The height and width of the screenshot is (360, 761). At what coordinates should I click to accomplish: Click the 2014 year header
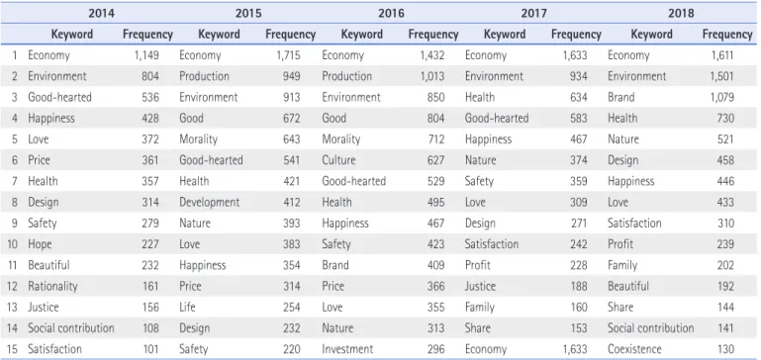click(x=102, y=13)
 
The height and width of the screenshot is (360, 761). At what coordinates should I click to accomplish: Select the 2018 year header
click(x=681, y=13)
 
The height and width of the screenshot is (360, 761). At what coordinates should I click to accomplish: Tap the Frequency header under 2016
click(x=433, y=35)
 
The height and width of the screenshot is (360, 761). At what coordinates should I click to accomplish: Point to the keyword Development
click(x=209, y=202)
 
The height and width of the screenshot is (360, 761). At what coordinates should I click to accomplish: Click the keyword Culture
click(x=338, y=160)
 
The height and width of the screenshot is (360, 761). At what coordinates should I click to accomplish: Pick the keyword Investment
click(x=347, y=349)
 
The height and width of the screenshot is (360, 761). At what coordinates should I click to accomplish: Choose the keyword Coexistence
click(x=634, y=349)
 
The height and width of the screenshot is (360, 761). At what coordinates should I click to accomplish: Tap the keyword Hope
click(x=40, y=244)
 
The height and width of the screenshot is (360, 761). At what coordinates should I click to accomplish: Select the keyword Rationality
click(x=52, y=286)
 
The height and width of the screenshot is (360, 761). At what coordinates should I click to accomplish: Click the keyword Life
click(x=187, y=308)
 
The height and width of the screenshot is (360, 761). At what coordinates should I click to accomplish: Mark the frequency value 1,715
click(x=288, y=55)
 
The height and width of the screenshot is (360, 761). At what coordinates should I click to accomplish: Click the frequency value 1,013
click(x=432, y=76)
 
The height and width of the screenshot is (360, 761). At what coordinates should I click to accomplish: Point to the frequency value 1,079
click(x=722, y=97)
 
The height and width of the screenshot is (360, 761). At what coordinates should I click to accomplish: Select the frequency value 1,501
click(x=722, y=76)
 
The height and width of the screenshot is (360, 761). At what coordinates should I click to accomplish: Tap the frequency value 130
click(x=725, y=349)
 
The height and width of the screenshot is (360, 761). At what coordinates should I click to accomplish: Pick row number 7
click(x=15, y=181)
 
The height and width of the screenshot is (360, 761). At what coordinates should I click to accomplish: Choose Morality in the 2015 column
click(x=199, y=139)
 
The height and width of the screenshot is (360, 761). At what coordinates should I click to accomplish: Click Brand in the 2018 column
click(x=621, y=97)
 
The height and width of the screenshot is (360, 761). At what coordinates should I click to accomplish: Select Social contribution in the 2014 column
click(x=71, y=328)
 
